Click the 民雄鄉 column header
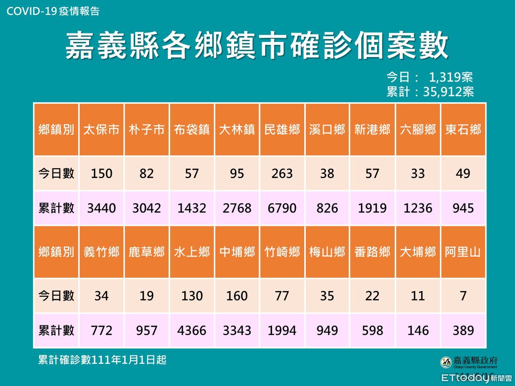pos(282,129)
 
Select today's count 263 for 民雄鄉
pos(282,173)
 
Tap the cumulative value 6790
pos(282,208)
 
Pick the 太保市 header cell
pos(101,129)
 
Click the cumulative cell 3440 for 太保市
pos(101,208)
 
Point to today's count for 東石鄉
pos(463,173)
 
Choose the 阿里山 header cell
pos(463,252)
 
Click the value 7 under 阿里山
pos(463,296)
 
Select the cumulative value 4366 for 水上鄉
pos(192,331)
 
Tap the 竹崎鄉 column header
pos(282,252)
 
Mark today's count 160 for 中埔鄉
pos(237,296)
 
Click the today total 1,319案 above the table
pos(451,77)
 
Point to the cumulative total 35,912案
pos(448,92)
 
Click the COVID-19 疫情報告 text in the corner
pos(53,11)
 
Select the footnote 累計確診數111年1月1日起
pos(102,359)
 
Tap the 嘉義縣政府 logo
pos(469,362)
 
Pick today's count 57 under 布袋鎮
pos(192,173)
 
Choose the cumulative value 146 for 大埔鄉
pos(418,331)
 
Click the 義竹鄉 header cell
pos(101,252)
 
